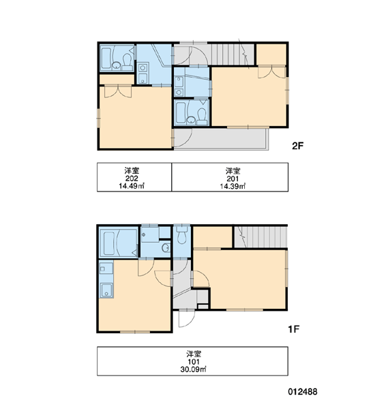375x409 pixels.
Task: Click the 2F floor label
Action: pyautogui.click(x=297, y=146)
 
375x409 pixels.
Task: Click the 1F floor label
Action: pyautogui.click(x=294, y=329)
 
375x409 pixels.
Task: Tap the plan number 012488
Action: pyautogui.click(x=303, y=391)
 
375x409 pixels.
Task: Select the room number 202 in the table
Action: pyautogui.click(x=132, y=179)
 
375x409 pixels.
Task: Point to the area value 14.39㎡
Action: pyautogui.click(x=232, y=186)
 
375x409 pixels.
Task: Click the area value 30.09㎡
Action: pyautogui.click(x=193, y=369)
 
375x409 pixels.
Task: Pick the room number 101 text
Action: pyautogui.click(x=194, y=362)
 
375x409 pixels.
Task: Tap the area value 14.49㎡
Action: pyautogui.click(x=132, y=186)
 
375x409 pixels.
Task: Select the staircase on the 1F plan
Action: pyautogui.click(x=260, y=237)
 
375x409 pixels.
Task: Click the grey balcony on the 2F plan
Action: pyautogui.click(x=222, y=139)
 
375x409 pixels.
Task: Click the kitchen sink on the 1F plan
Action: pyautogui.click(x=106, y=290)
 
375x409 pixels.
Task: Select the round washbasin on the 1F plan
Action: pyautogui.click(x=166, y=247)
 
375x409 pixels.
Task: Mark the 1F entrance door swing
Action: pyautogui.click(x=187, y=318)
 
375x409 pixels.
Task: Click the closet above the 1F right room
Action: pyautogui.click(x=213, y=237)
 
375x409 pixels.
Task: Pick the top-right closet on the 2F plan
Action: pyautogui.click(x=271, y=55)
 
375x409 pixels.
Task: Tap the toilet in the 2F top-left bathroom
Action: pyautogui.click(x=127, y=61)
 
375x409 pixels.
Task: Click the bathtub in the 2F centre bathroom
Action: pyautogui.click(x=181, y=113)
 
